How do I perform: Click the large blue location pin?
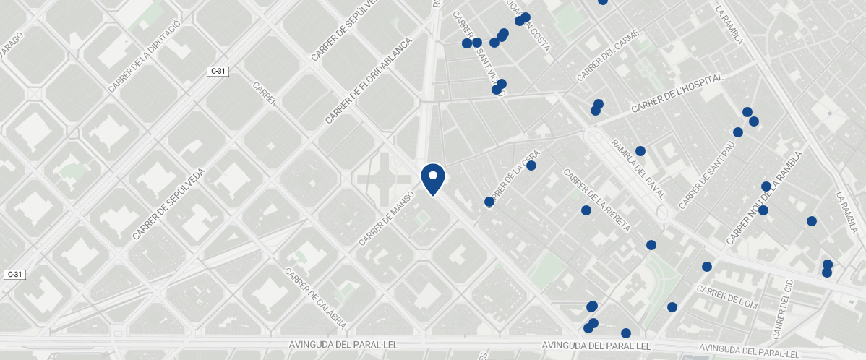pyautogui.click(x=433, y=179)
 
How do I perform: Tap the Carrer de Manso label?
pyautogui.click(x=386, y=218)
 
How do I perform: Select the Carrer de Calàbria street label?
pyautogui.click(x=315, y=299)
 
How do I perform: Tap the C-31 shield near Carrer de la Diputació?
pyautogui.click(x=218, y=71)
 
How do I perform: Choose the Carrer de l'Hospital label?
pyautogui.click(x=677, y=93)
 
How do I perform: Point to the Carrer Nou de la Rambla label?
pyautogui.click(x=764, y=197)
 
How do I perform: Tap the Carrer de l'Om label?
pyautogui.click(x=726, y=298)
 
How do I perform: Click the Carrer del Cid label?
pyautogui.click(x=784, y=309)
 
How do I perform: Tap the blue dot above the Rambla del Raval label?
pyautogui.click(x=640, y=151)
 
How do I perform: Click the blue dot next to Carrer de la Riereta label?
pyautogui.click(x=586, y=210)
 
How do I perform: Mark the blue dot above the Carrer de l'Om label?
pyautogui.click(x=706, y=267)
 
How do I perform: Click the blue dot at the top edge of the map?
pyautogui.click(x=602, y=1)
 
